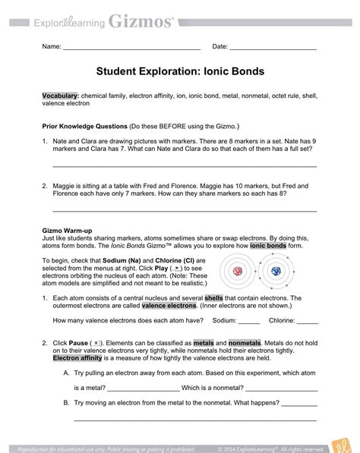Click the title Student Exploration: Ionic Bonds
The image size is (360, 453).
pos(179,72)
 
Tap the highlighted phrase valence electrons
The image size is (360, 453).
pos(166,306)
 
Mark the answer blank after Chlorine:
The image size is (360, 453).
pos(307,322)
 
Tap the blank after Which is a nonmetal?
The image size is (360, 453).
pos(286,389)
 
